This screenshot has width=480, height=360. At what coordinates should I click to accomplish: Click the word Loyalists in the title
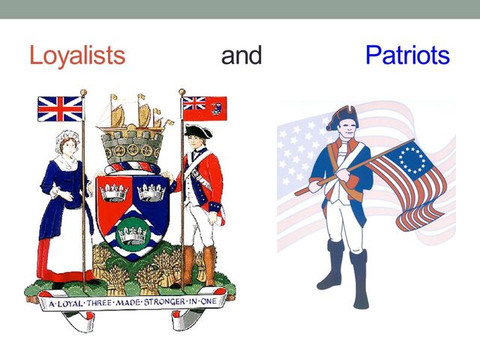click(x=76, y=55)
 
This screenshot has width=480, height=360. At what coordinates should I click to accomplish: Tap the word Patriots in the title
click(x=407, y=55)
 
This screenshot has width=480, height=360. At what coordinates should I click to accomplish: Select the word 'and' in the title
click(x=241, y=55)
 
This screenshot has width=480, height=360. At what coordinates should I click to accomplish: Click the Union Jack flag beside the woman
click(x=60, y=109)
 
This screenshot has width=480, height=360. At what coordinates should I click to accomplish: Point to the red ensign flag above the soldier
click(x=204, y=108)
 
